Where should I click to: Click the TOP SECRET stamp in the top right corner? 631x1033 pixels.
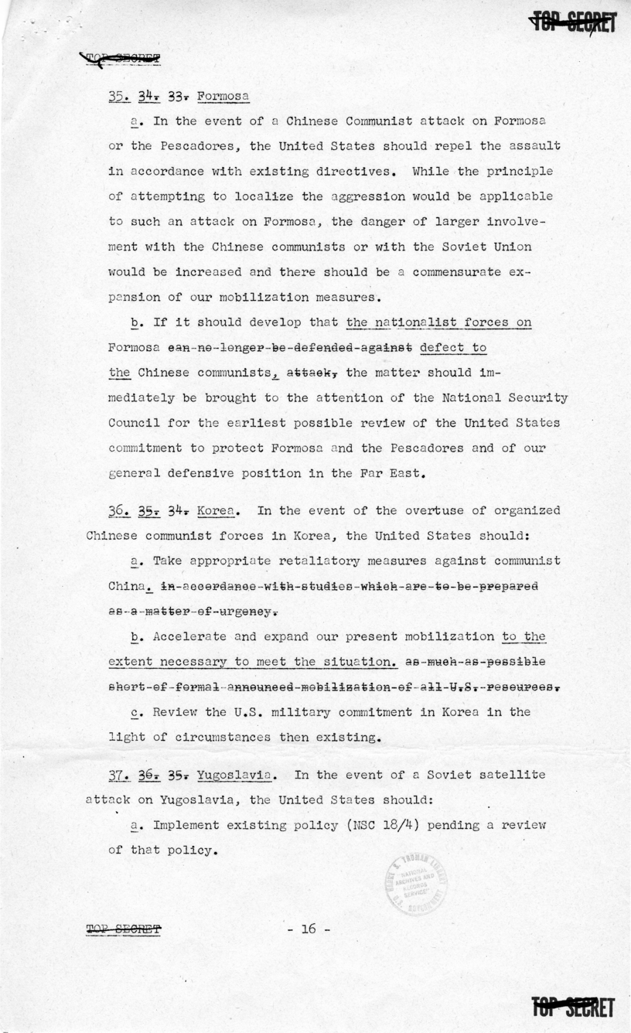tap(572, 23)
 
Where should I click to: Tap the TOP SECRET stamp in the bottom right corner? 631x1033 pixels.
tap(573, 1007)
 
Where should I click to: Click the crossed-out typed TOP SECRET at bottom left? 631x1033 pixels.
tap(124, 929)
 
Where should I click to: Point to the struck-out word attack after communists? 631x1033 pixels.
tap(312, 373)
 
